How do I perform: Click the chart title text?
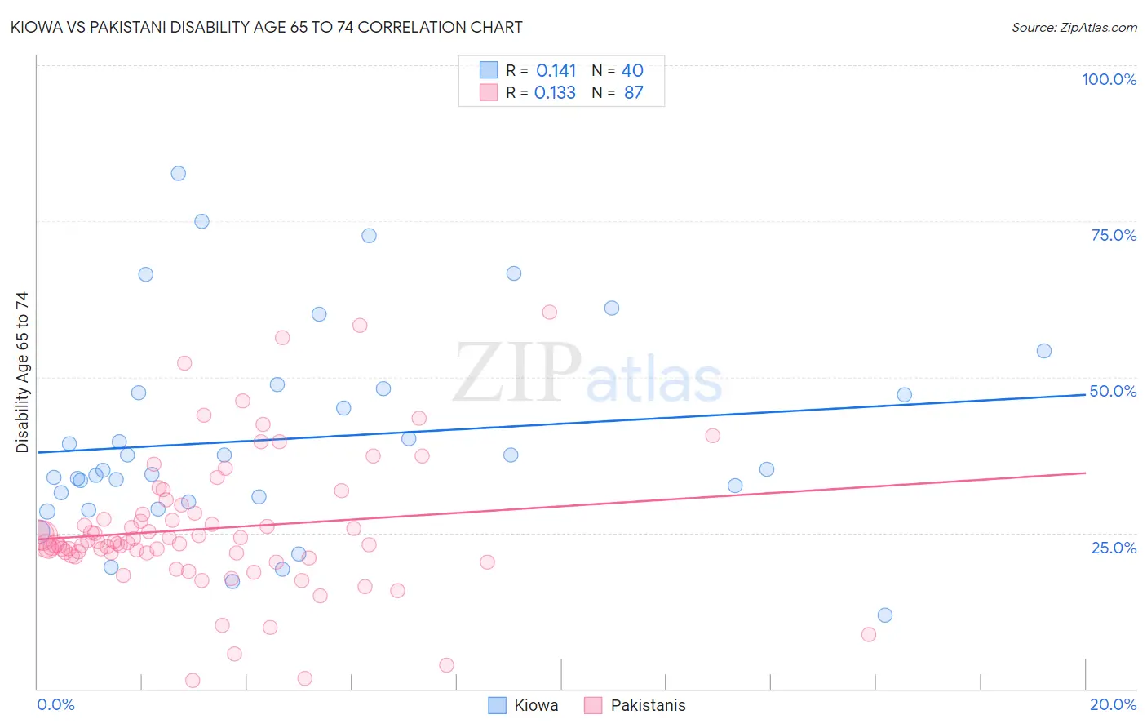[x=266, y=27]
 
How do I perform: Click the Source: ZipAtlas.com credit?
[x=1074, y=28]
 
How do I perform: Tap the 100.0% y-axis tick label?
[x=1109, y=79]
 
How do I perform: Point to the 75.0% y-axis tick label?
[x=1114, y=235]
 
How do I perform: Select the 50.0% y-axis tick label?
[x=1113, y=391]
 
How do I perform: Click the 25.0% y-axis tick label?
[x=1114, y=547]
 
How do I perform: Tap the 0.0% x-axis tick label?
[x=55, y=704]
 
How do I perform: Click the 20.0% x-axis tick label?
[x=1113, y=704]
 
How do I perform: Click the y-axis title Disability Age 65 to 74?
[x=22, y=371]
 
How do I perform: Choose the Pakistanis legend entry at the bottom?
[x=635, y=705]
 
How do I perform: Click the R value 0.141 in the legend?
[x=556, y=71]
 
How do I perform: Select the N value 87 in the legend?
[x=633, y=93]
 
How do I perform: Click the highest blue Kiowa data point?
[x=178, y=173]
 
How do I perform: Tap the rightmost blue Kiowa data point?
[x=1043, y=351]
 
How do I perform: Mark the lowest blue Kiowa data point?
[x=884, y=615]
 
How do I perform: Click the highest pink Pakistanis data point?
[x=549, y=313]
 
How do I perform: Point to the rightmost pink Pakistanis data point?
[x=868, y=635]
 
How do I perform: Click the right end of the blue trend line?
[x=1085, y=394]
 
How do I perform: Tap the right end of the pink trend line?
[x=1085, y=473]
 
